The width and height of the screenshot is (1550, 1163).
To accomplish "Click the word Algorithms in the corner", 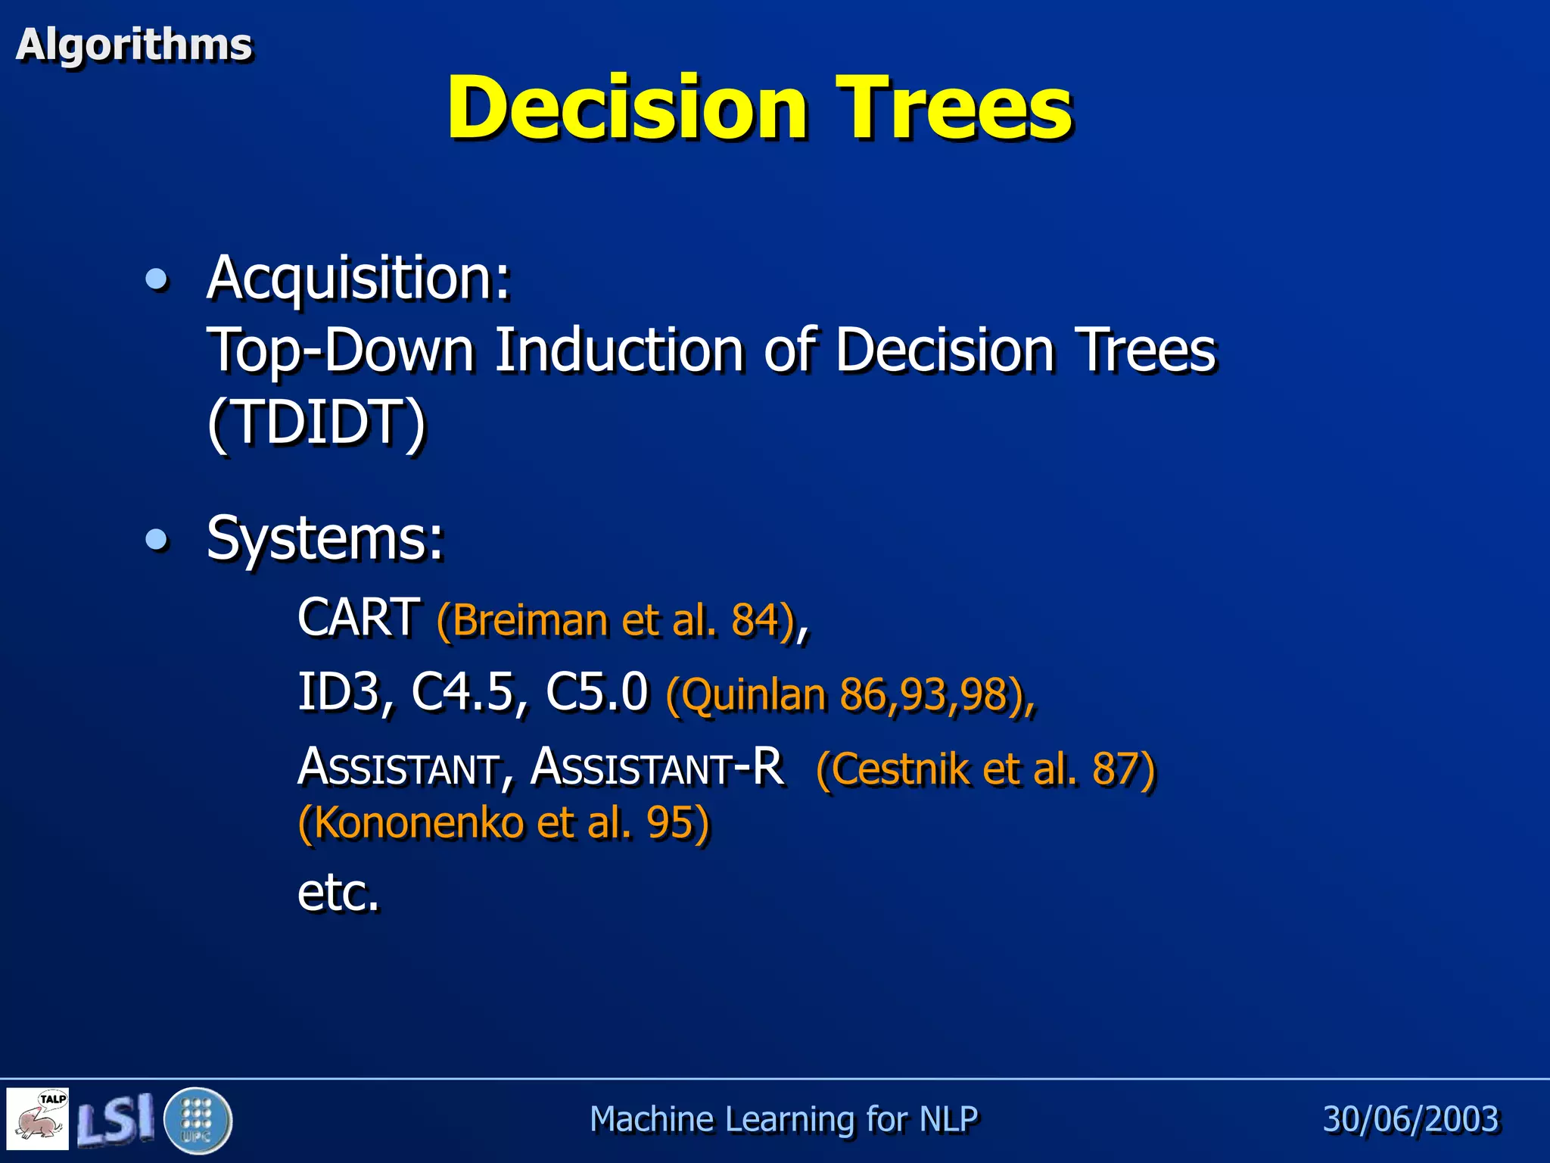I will (x=133, y=45).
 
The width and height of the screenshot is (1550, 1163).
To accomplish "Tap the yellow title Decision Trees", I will (x=759, y=108).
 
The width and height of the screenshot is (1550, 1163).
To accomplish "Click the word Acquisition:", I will (x=359, y=278).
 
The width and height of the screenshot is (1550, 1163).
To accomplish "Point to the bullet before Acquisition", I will (x=157, y=280).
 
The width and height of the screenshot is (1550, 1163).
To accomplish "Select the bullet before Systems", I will (x=157, y=540).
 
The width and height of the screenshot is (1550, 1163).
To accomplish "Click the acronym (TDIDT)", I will (x=317, y=422).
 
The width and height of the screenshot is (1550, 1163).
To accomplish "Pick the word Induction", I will (x=619, y=350).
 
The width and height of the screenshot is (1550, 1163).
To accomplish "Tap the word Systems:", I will (x=325, y=538).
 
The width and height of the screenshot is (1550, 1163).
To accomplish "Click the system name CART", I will (x=359, y=617).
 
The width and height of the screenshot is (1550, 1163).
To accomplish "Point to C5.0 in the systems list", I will (x=596, y=691).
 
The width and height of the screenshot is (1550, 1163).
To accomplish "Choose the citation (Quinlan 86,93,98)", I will (x=850, y=694).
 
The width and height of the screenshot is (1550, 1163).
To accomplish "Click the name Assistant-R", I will (x=657, y=766).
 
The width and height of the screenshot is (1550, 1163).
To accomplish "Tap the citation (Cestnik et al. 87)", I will (x=985, y=769).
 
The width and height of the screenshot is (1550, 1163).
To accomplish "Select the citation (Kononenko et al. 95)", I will (x=504, y=822).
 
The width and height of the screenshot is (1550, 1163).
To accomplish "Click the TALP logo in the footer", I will (x=38, y=1119).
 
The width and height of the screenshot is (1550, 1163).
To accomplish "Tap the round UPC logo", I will (x=197, y=1120).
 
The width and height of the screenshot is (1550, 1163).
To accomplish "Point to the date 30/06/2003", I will (x=1411, y=1119).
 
